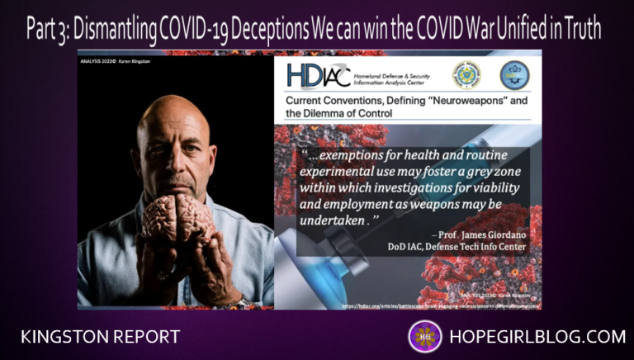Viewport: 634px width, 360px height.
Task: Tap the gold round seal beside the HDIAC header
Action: tap(466, 75)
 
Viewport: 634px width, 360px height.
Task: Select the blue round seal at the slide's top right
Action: tap(515, 75)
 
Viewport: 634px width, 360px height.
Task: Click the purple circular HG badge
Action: tap(424, 336)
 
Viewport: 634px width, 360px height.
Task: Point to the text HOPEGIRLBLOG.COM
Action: tap(536, 336)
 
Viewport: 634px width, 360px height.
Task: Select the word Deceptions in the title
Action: tap(257, 31)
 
